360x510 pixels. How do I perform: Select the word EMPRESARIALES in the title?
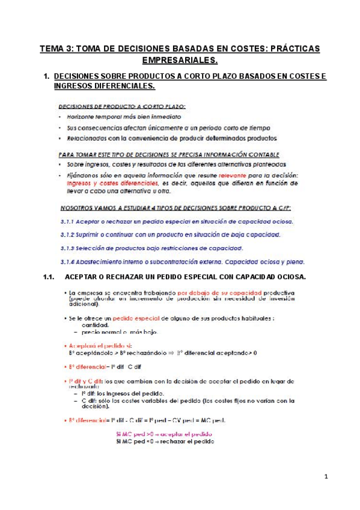(x=180, y=60)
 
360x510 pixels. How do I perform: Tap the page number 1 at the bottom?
(x=326, y=477)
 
